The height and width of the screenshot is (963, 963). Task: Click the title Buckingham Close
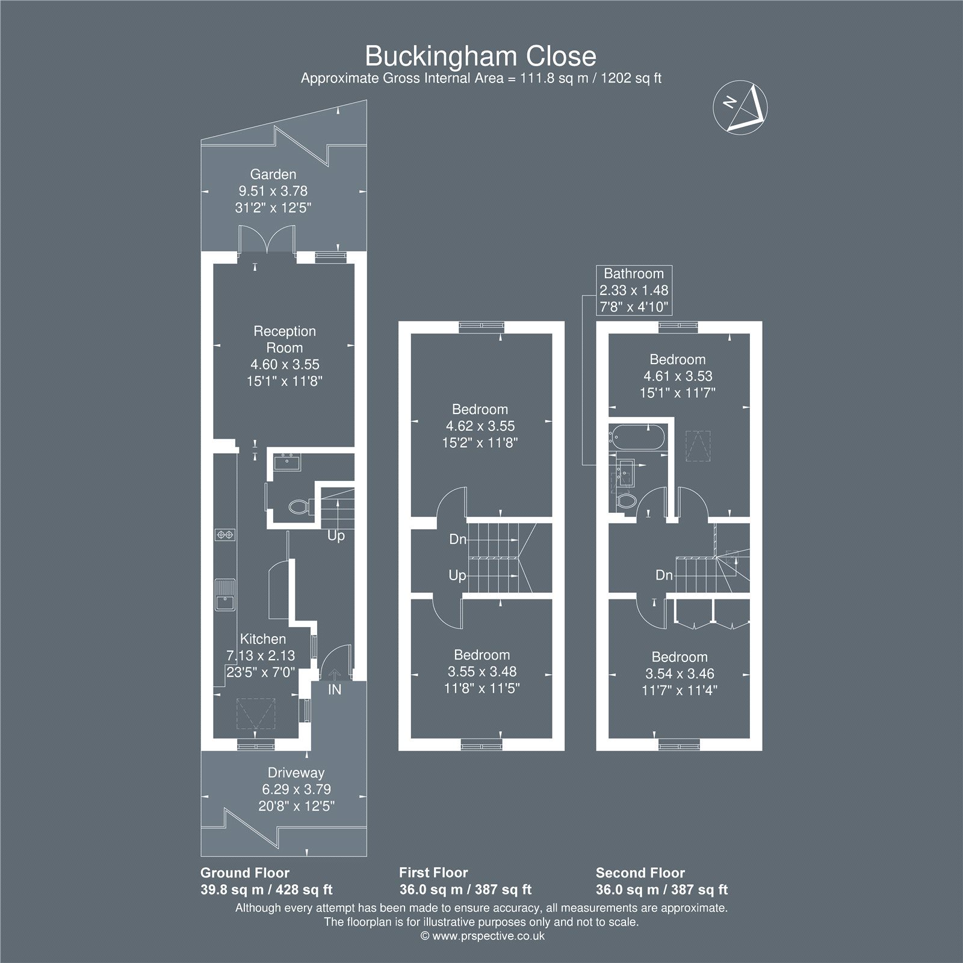pyautogui.click(x=481, y=57)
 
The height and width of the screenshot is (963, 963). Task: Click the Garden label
pyautogui.click(x=273, y=175)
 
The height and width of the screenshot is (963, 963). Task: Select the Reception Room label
pyautogui.click(x=285, y=339)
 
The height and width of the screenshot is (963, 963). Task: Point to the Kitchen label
pyautogui.click(x=263, y=639)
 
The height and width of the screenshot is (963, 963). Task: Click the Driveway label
pyautogui.click(x=296, y=773)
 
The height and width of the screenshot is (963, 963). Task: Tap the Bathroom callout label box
pyautogui.click(x=634, y=290)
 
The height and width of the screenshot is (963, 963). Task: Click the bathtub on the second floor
pyautogui.click(x=637, y=436)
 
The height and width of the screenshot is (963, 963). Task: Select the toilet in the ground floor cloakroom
pyautogui.click(x=300, y=507)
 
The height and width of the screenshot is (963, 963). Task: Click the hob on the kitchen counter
pyautogui.click(x=226, y=534)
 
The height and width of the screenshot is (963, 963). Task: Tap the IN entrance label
pyautogui.click(x=335, y=690)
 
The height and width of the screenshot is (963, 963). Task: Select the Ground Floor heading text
pyautogui.click(x=245, y=873)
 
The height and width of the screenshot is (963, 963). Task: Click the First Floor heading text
pyautogui.click(x=433, y=873)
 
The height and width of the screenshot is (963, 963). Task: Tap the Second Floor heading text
pyautogui.click(x=640, y=873)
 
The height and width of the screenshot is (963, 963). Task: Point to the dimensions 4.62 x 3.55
pyautogui.click(x=480, y=426)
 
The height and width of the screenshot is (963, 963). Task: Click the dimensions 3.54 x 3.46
pyautogui.click(x=680, y=673)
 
